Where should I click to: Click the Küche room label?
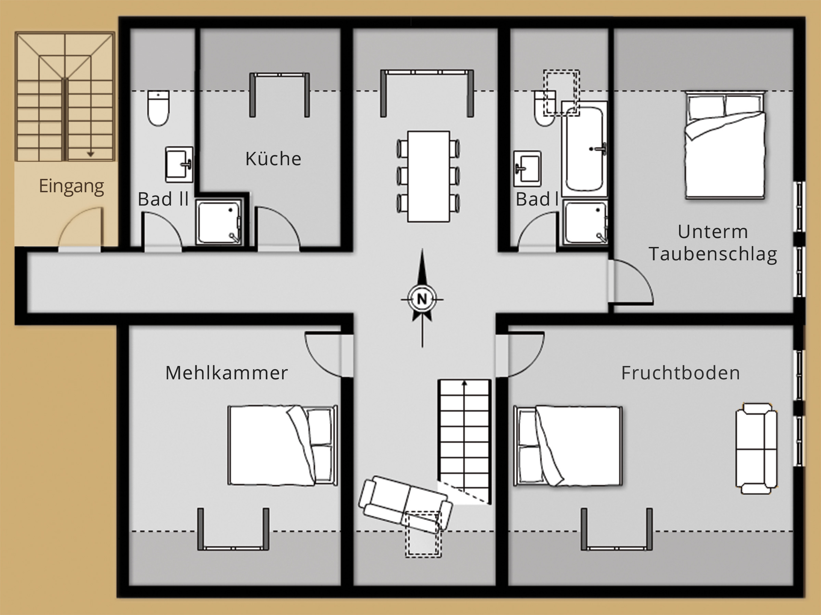tap(273, 159)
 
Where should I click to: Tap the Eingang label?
tap(71, 186)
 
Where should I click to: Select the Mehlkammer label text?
tap(227, 373)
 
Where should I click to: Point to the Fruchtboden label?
tap(680, 373)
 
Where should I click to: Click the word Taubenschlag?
tap(713, 254)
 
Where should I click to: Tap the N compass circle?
tap(422, 299)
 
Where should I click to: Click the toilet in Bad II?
tap(159, 108)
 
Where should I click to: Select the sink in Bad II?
tap(179, 165)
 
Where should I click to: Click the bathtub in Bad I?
tap(585, 149)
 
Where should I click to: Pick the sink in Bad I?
tap(528, 168)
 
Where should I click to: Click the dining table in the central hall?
tap(428, 176)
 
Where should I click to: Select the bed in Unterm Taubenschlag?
tap(725, 145)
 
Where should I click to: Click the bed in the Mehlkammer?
tap(283, 445)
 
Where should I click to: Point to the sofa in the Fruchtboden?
tap(756, 448)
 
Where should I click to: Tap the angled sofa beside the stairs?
tap(405, 504)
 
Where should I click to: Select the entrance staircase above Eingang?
tap(65, 97)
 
